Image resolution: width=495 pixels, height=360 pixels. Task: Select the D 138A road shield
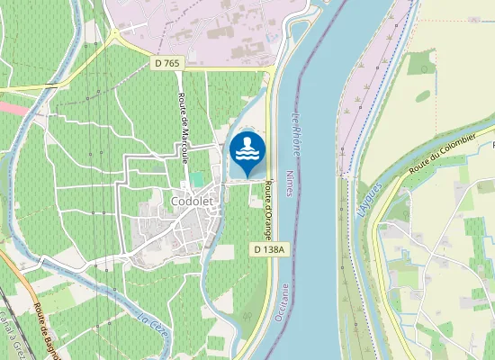pyautogui.click(x=269, y=248)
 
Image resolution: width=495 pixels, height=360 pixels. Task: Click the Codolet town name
pyautogui.click(x=191, y=202)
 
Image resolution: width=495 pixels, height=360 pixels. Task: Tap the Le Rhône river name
pyautogui.click(x=296, y=130)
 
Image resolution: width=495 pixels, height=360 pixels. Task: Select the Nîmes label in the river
pyautogui.click(x=288, y=183)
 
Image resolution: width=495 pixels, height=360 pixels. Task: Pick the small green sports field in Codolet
pyautogui.click(x=196, y=179)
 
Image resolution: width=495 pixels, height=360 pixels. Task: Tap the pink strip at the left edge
pyautogui.click(x=11, y=106)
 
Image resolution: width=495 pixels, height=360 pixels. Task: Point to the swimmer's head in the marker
pyautogui.click(x=247, y=140)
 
